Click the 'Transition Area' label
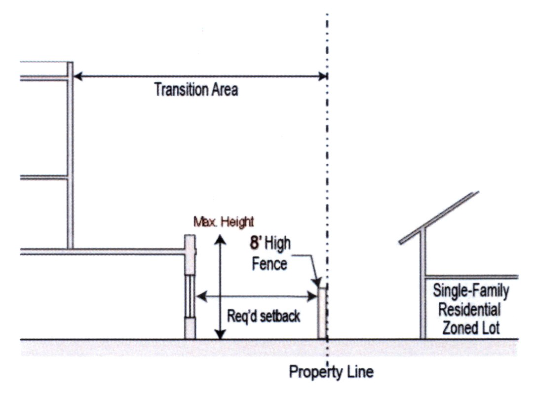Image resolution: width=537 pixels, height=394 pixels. tap(196, 90)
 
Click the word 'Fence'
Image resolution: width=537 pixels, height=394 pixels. tap(269, 264)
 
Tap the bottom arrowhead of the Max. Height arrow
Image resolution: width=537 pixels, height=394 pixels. tap(220, 335)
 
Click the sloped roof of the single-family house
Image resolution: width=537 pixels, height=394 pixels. tap(439, 217)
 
